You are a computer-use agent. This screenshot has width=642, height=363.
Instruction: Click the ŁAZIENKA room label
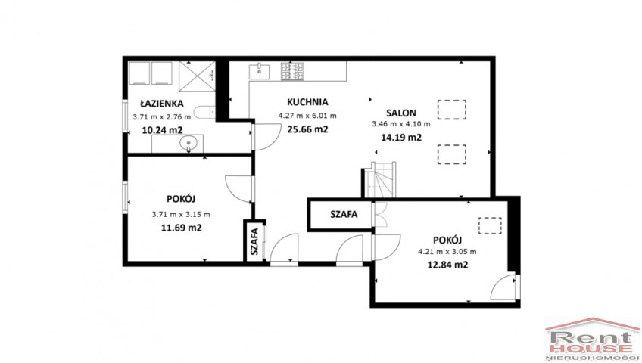coord(162,104)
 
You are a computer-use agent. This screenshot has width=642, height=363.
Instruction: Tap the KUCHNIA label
coord(307,102)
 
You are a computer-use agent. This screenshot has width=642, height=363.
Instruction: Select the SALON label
coord(401,113)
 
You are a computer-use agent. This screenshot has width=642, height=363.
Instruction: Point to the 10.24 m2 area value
coord(162,130)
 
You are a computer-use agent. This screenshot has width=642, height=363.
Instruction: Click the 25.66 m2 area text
coord(307,129)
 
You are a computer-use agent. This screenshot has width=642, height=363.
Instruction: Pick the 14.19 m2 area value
coord(401,138)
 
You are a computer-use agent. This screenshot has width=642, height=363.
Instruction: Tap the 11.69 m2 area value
coord(182,228)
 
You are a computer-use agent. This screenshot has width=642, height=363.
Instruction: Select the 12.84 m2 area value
coord(447,265)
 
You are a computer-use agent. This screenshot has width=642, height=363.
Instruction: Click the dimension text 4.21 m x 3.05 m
coord(447,252)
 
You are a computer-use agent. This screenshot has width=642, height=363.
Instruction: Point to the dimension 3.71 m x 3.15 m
coord(181,214)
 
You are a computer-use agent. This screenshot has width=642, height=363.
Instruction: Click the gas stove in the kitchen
coord(292,71)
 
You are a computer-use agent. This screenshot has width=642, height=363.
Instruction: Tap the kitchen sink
coord(259,71)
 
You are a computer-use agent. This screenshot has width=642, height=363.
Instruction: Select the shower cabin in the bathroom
coord(197,76)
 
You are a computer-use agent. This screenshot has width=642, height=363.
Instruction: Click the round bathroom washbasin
coord(189,143)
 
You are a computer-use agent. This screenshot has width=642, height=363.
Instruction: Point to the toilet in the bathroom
coord(204,113)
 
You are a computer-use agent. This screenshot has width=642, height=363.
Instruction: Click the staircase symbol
coord(380,180)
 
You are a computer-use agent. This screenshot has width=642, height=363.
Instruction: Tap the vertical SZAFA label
coord(254,241)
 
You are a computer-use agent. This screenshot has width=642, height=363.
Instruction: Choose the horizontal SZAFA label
coord(344,214)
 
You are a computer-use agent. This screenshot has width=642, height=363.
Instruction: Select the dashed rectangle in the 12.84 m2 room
coord(490,225)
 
